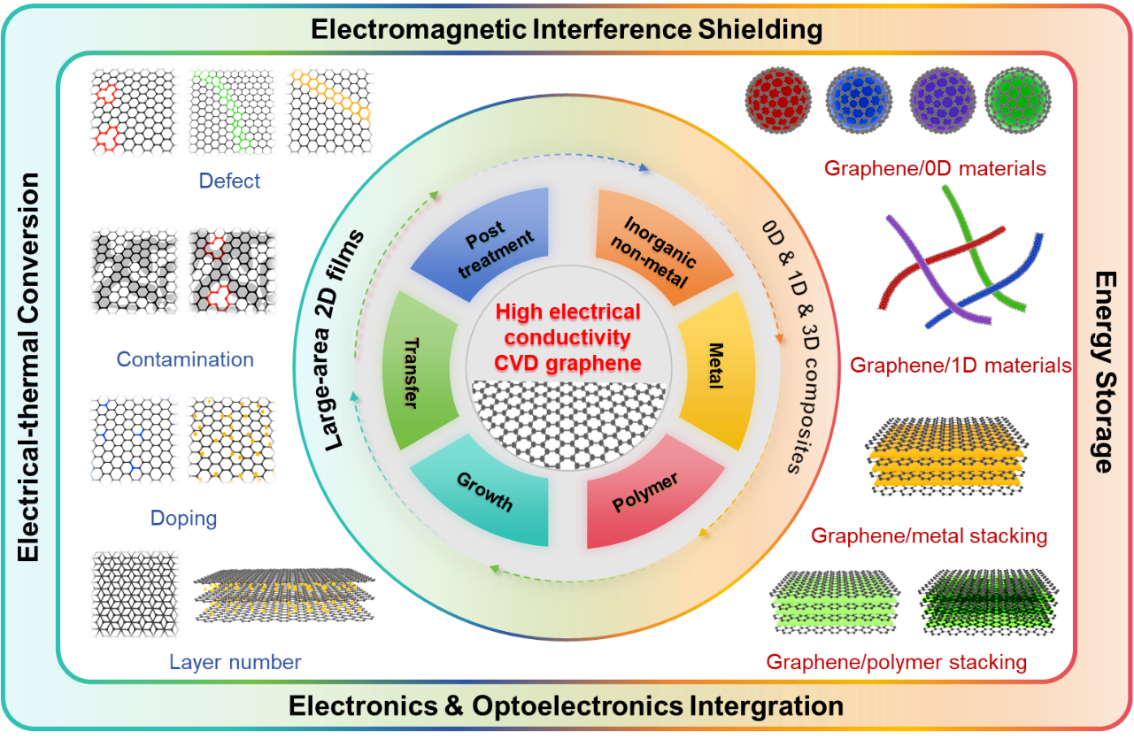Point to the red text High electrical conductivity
567,325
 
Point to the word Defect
229,181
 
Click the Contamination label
185,359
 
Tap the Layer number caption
235,661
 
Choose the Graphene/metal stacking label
929,535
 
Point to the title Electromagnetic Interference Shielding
567,29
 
